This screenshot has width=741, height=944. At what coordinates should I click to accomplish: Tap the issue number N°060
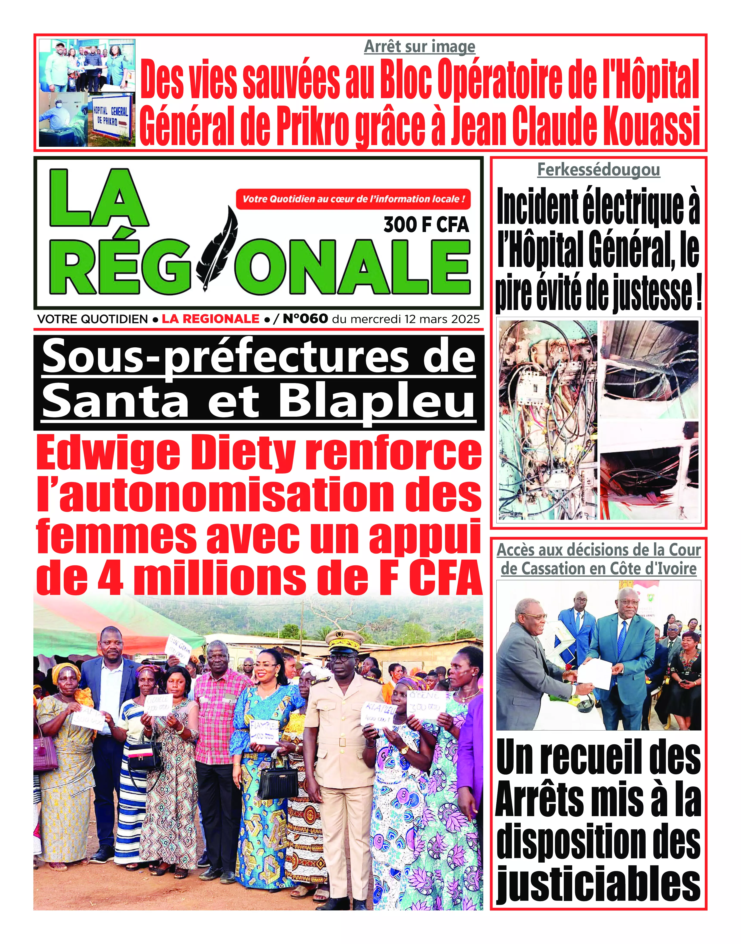pos(305,319)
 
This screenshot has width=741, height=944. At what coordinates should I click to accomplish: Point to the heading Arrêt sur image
pos(419,46)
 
